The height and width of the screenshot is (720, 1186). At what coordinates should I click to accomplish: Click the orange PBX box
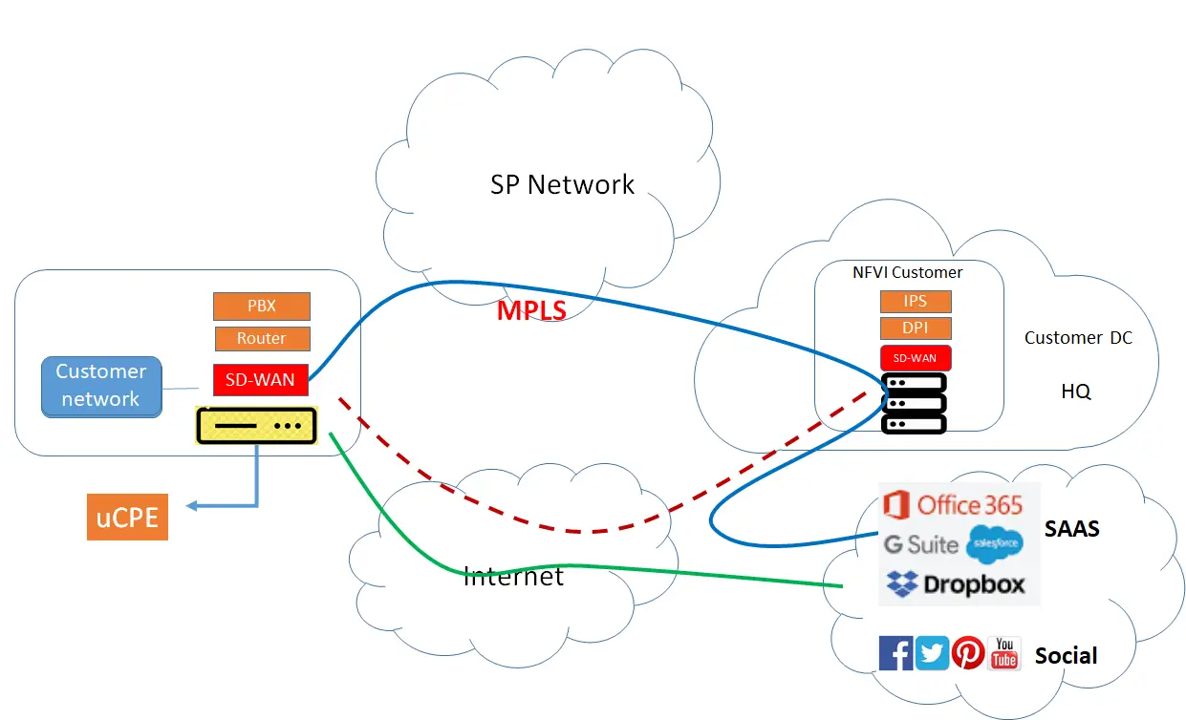261,307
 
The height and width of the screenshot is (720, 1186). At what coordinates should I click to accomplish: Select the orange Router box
261,338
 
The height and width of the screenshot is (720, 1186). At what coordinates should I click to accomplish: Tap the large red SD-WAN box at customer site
261,379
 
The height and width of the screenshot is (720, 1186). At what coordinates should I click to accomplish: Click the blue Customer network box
101,386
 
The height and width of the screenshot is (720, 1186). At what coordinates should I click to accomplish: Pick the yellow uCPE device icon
256,425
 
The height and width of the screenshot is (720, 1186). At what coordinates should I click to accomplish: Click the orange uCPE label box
127,518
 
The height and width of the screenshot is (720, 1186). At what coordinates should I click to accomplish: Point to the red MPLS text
531,310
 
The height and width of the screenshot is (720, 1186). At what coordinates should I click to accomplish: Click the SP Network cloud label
562,184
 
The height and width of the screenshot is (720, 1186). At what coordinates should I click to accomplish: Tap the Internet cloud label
513,576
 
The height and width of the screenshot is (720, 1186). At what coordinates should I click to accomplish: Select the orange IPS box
916,301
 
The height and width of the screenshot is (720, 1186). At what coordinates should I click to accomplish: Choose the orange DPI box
916,328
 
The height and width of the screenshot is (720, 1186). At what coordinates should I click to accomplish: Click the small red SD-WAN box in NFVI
916,357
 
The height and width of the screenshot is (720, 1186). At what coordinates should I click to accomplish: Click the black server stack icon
914,403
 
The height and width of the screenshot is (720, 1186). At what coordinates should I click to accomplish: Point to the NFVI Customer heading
907,272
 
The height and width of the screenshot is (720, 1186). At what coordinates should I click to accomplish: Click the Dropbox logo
955,584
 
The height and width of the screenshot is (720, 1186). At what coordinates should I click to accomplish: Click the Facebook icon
895,653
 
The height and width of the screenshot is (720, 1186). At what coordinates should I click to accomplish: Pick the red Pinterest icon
968,653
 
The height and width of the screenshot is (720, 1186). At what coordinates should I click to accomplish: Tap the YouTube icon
1003,653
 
